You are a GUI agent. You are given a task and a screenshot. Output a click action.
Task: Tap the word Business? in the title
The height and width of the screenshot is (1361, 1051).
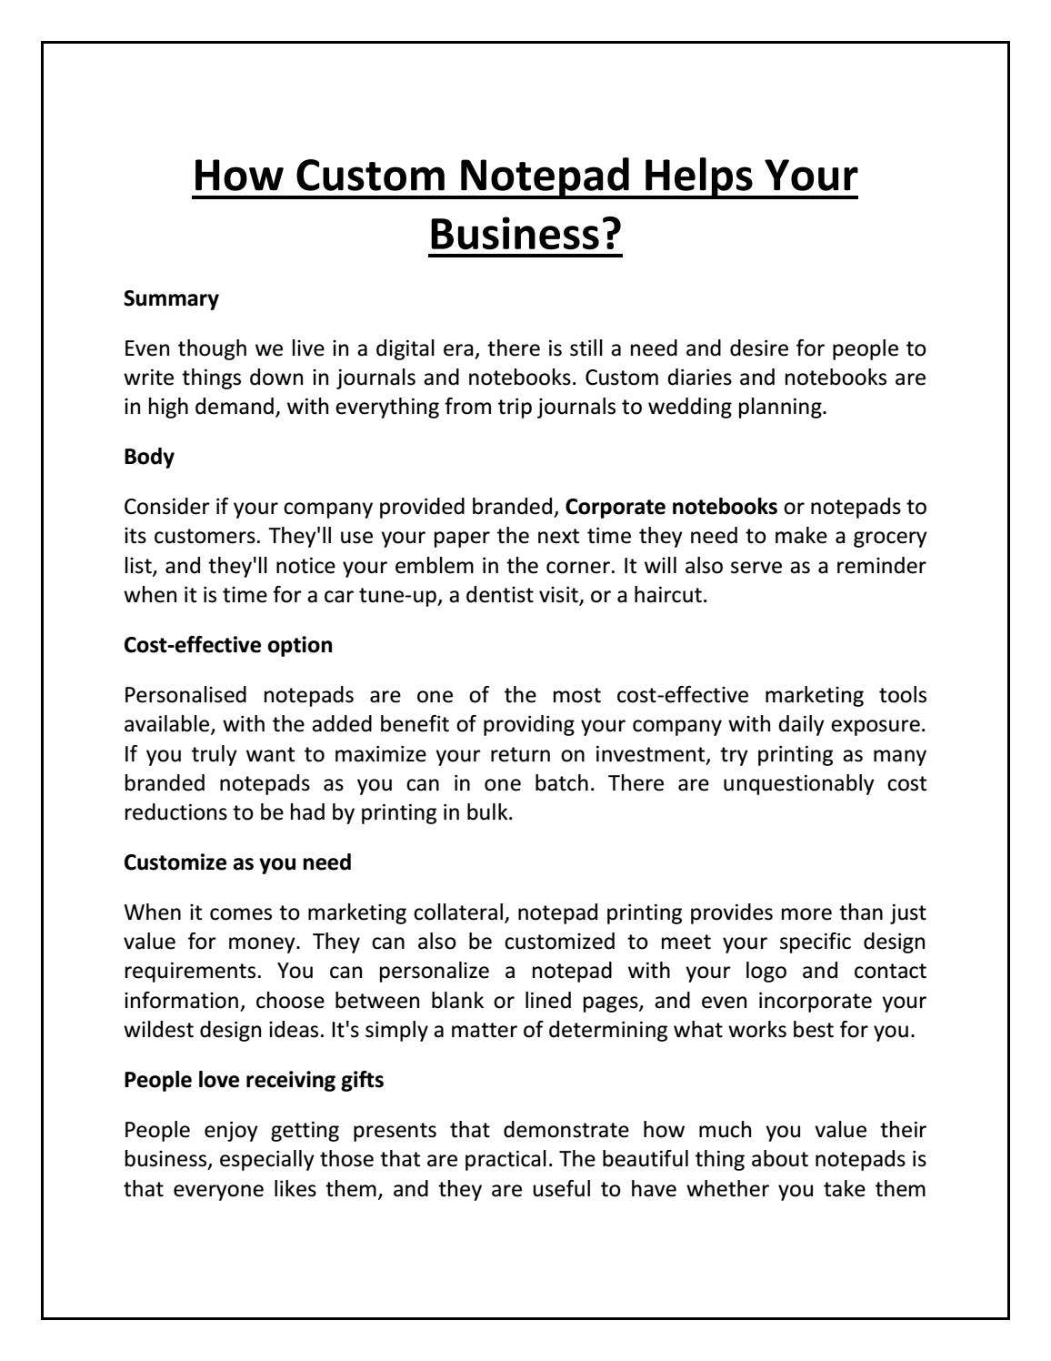tap(525, 235)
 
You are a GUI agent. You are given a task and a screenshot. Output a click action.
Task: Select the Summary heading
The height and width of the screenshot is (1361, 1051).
tap(171, 298)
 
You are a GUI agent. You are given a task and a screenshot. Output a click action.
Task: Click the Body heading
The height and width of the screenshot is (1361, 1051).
tap(149, 457)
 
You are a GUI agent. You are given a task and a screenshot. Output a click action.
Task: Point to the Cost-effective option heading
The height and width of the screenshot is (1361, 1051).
tap(228, 645)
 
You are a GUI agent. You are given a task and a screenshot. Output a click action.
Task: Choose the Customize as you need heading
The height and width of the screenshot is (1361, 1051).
tap(237, 862)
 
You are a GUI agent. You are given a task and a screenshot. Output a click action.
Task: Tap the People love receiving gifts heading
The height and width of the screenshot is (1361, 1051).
tap(254, 1080)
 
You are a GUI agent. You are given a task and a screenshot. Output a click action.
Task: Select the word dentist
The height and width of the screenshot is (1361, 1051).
tap(501, 596)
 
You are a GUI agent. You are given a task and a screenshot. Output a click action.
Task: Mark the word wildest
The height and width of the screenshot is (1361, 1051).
tap(158, 1030)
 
